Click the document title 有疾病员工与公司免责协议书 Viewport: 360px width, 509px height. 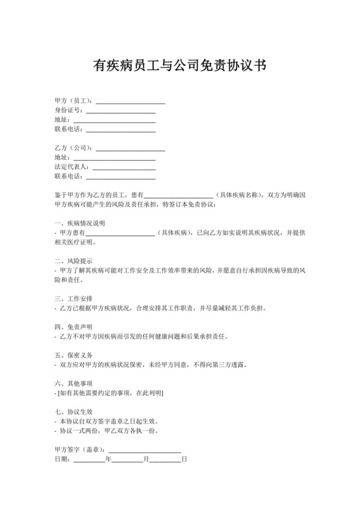click(180, 66)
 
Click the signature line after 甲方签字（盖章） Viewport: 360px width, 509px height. click(145, 449)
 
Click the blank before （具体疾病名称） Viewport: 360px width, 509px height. click(178, 194)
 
